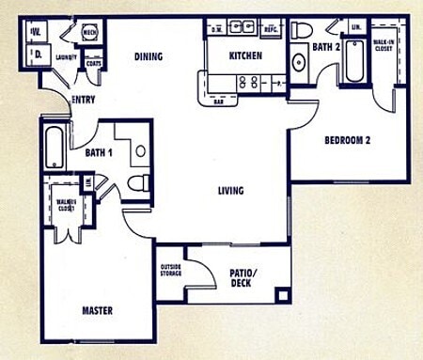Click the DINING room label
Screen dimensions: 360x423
click(148, 57)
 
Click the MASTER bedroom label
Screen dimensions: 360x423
click(96, 310)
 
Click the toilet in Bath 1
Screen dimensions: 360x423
click(137, 181)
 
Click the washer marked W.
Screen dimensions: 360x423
click(37, 33)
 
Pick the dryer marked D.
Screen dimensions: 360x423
click(37, 55)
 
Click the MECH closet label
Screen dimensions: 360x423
click(90, 34)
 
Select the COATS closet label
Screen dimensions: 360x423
click(93, 64)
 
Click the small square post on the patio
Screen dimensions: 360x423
click(281, 295)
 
